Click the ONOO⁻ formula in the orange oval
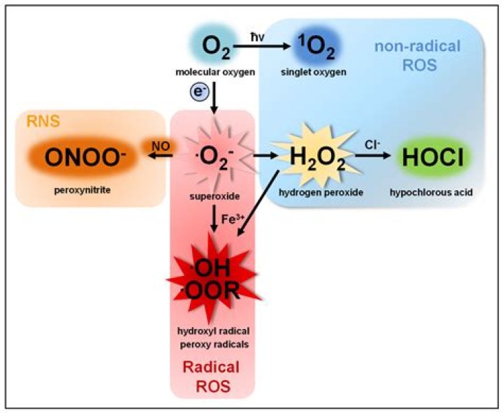(85, 157)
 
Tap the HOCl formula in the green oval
(433, 157)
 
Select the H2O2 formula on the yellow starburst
(317, 158)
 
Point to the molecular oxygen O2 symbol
(216, 48)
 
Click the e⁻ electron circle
(199, 92)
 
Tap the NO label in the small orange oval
(161, 146)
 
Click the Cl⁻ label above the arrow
(372, 145)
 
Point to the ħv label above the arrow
(257, 37)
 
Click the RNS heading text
(43, 122)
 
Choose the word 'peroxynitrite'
(82, 190)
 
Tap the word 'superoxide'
(214, 196)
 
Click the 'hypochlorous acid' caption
(431, 193)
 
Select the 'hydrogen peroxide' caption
(321, 193)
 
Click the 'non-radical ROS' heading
(418, 55)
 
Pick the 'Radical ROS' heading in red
(212, 377)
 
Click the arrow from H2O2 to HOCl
(373, 156)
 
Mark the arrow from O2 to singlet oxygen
(261, 46)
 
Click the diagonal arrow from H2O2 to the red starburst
(258, 204)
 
